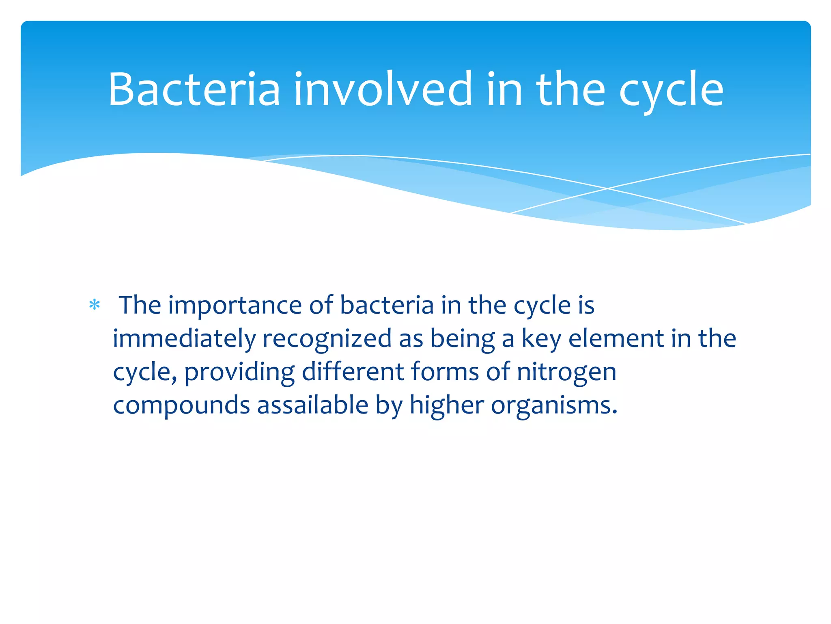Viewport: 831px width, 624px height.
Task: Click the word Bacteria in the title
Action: coord(194,89)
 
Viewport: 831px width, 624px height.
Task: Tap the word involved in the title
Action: coord(383,89)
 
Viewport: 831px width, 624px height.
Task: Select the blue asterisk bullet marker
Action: coord(95,305)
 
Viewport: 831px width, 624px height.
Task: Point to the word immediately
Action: coord(184,339)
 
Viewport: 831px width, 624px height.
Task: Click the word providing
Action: coord(239,372)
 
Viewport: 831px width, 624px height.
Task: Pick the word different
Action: coord(353,372)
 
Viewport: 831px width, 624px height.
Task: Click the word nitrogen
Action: coord(566,372)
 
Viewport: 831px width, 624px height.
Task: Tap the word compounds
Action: coord(181,405)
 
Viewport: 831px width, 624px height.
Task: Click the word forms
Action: coord(445,372)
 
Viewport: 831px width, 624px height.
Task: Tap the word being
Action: coord(463,339)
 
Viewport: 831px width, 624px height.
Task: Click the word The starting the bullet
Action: coord(140,305)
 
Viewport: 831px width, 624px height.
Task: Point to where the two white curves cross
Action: coord(607,188)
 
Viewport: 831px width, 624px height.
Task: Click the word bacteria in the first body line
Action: coord(387,305)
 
